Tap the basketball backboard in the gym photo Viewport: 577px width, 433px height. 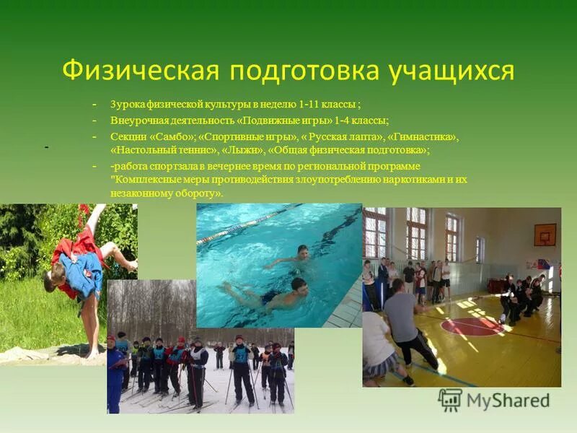tap(545, 234)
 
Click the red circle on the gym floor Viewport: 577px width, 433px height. tap(472, 327)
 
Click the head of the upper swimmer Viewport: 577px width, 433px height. tap(303, 251)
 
